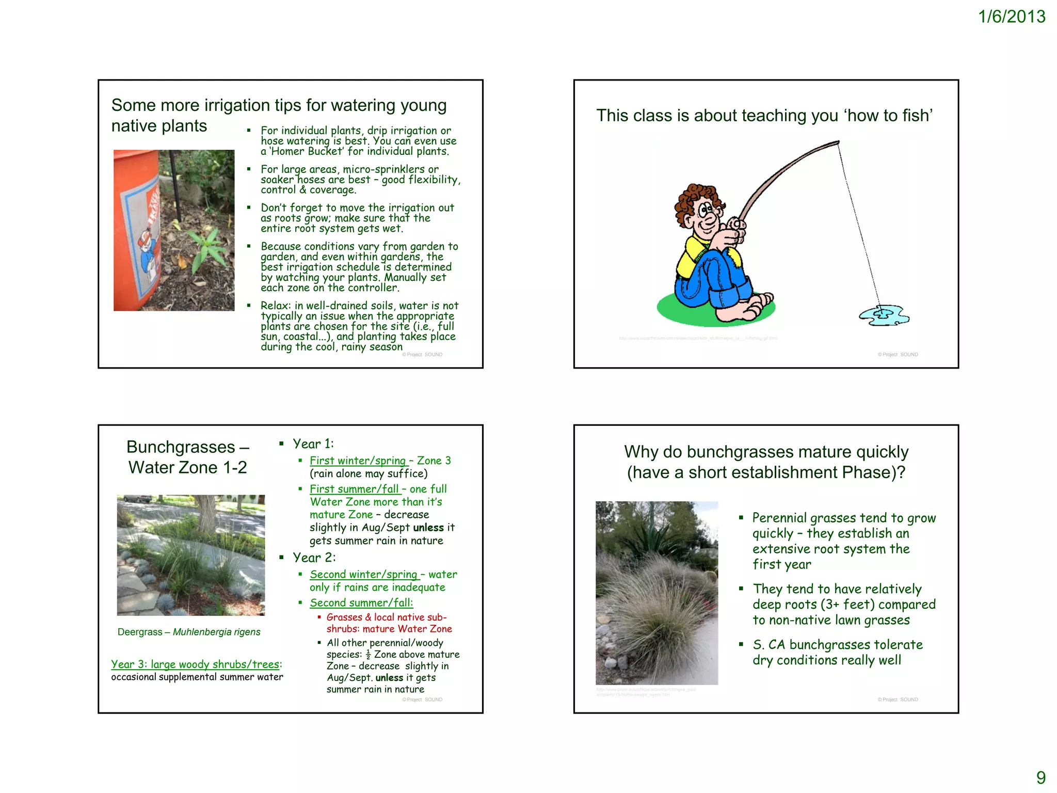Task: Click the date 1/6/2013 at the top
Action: tap(1011, 17)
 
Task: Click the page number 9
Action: tap(1041, 777)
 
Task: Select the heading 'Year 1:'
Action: tap(313, 444)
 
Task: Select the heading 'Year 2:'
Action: tap(314, 558)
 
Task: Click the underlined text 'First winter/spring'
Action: tap(358, 461)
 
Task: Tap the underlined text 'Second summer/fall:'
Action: tap(361, 602)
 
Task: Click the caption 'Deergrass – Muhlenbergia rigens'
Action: tap(189, 632)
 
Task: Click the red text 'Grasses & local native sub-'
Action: tap(386, 617)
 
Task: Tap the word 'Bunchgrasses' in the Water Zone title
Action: tap(181, 447)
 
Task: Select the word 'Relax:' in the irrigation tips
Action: tap(276, 306)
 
